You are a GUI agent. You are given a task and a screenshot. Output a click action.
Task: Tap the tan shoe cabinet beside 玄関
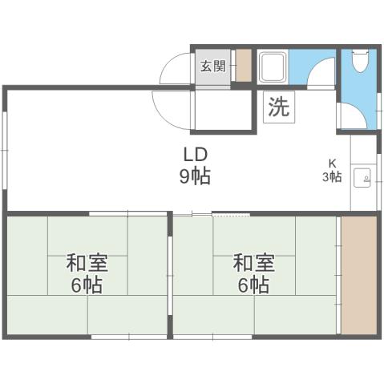244,67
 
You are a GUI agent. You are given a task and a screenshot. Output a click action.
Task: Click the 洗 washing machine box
278,107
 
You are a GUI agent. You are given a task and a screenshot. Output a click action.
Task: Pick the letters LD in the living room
195,154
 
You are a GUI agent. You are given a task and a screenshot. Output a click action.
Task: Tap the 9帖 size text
195,176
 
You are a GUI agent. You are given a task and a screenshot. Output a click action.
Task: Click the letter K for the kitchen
332,162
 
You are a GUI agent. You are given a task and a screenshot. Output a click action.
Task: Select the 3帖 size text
332,176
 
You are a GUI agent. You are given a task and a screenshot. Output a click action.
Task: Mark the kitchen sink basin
362,176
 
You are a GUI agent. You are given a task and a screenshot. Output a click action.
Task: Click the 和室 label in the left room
87,262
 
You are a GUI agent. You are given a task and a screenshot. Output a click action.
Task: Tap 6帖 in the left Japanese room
87,285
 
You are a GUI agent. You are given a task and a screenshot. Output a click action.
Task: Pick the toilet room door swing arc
353,116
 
